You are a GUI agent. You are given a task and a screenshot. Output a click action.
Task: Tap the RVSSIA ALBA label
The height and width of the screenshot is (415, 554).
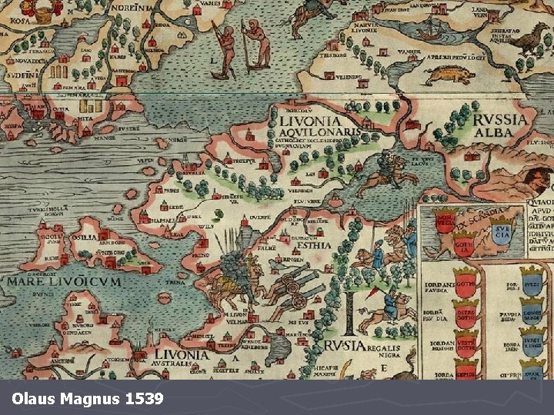501,125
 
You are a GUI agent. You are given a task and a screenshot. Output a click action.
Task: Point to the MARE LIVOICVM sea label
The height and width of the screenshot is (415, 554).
64,282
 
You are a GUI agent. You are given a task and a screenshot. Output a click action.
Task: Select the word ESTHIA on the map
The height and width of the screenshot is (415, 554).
310,246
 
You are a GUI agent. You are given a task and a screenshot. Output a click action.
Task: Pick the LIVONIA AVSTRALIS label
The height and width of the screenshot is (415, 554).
182,359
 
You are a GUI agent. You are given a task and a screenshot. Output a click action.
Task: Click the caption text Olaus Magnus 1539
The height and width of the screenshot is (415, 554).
88,399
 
